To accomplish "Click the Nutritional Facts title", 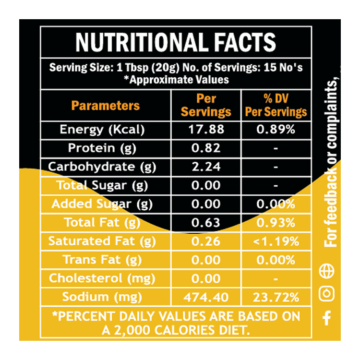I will point(176,43).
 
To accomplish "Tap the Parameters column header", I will point(106,106).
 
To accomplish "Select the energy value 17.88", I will point(206,130).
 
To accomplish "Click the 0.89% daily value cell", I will point(276,130).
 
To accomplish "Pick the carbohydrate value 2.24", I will point(206,167).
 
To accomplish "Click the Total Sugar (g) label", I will point(102,185).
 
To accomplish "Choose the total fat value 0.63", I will point(206,223).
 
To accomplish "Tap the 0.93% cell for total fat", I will point(276,223).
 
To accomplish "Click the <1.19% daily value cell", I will point(276,241).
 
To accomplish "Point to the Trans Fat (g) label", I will point(102,260).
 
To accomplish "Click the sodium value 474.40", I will point(206,297).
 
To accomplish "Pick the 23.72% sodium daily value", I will point(276,297).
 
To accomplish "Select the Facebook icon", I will point(327,317).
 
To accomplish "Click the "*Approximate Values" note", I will point(176,80).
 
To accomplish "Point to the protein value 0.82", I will point(206,148).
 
